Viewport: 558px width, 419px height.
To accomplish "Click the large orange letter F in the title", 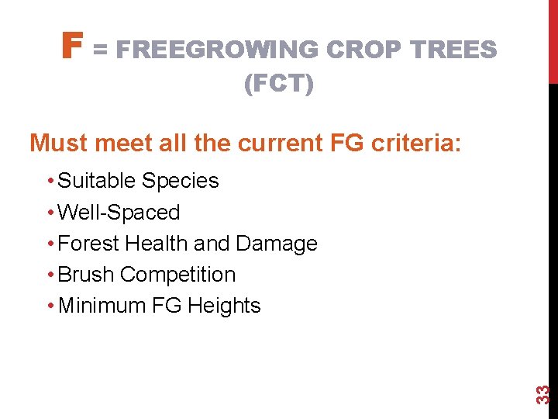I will [71, 47].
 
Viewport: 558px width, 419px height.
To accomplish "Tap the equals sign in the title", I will [101, 50].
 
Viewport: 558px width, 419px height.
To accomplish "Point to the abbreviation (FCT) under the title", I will [279, 84].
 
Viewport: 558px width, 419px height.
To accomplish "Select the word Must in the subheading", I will [60, 144].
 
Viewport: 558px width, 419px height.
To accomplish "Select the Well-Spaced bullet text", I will [119, 213].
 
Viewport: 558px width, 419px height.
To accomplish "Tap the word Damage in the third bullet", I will [277, 244].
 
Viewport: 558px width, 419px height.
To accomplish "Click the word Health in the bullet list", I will [157, 244].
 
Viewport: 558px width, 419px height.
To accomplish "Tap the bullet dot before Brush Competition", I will [50, 275].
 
